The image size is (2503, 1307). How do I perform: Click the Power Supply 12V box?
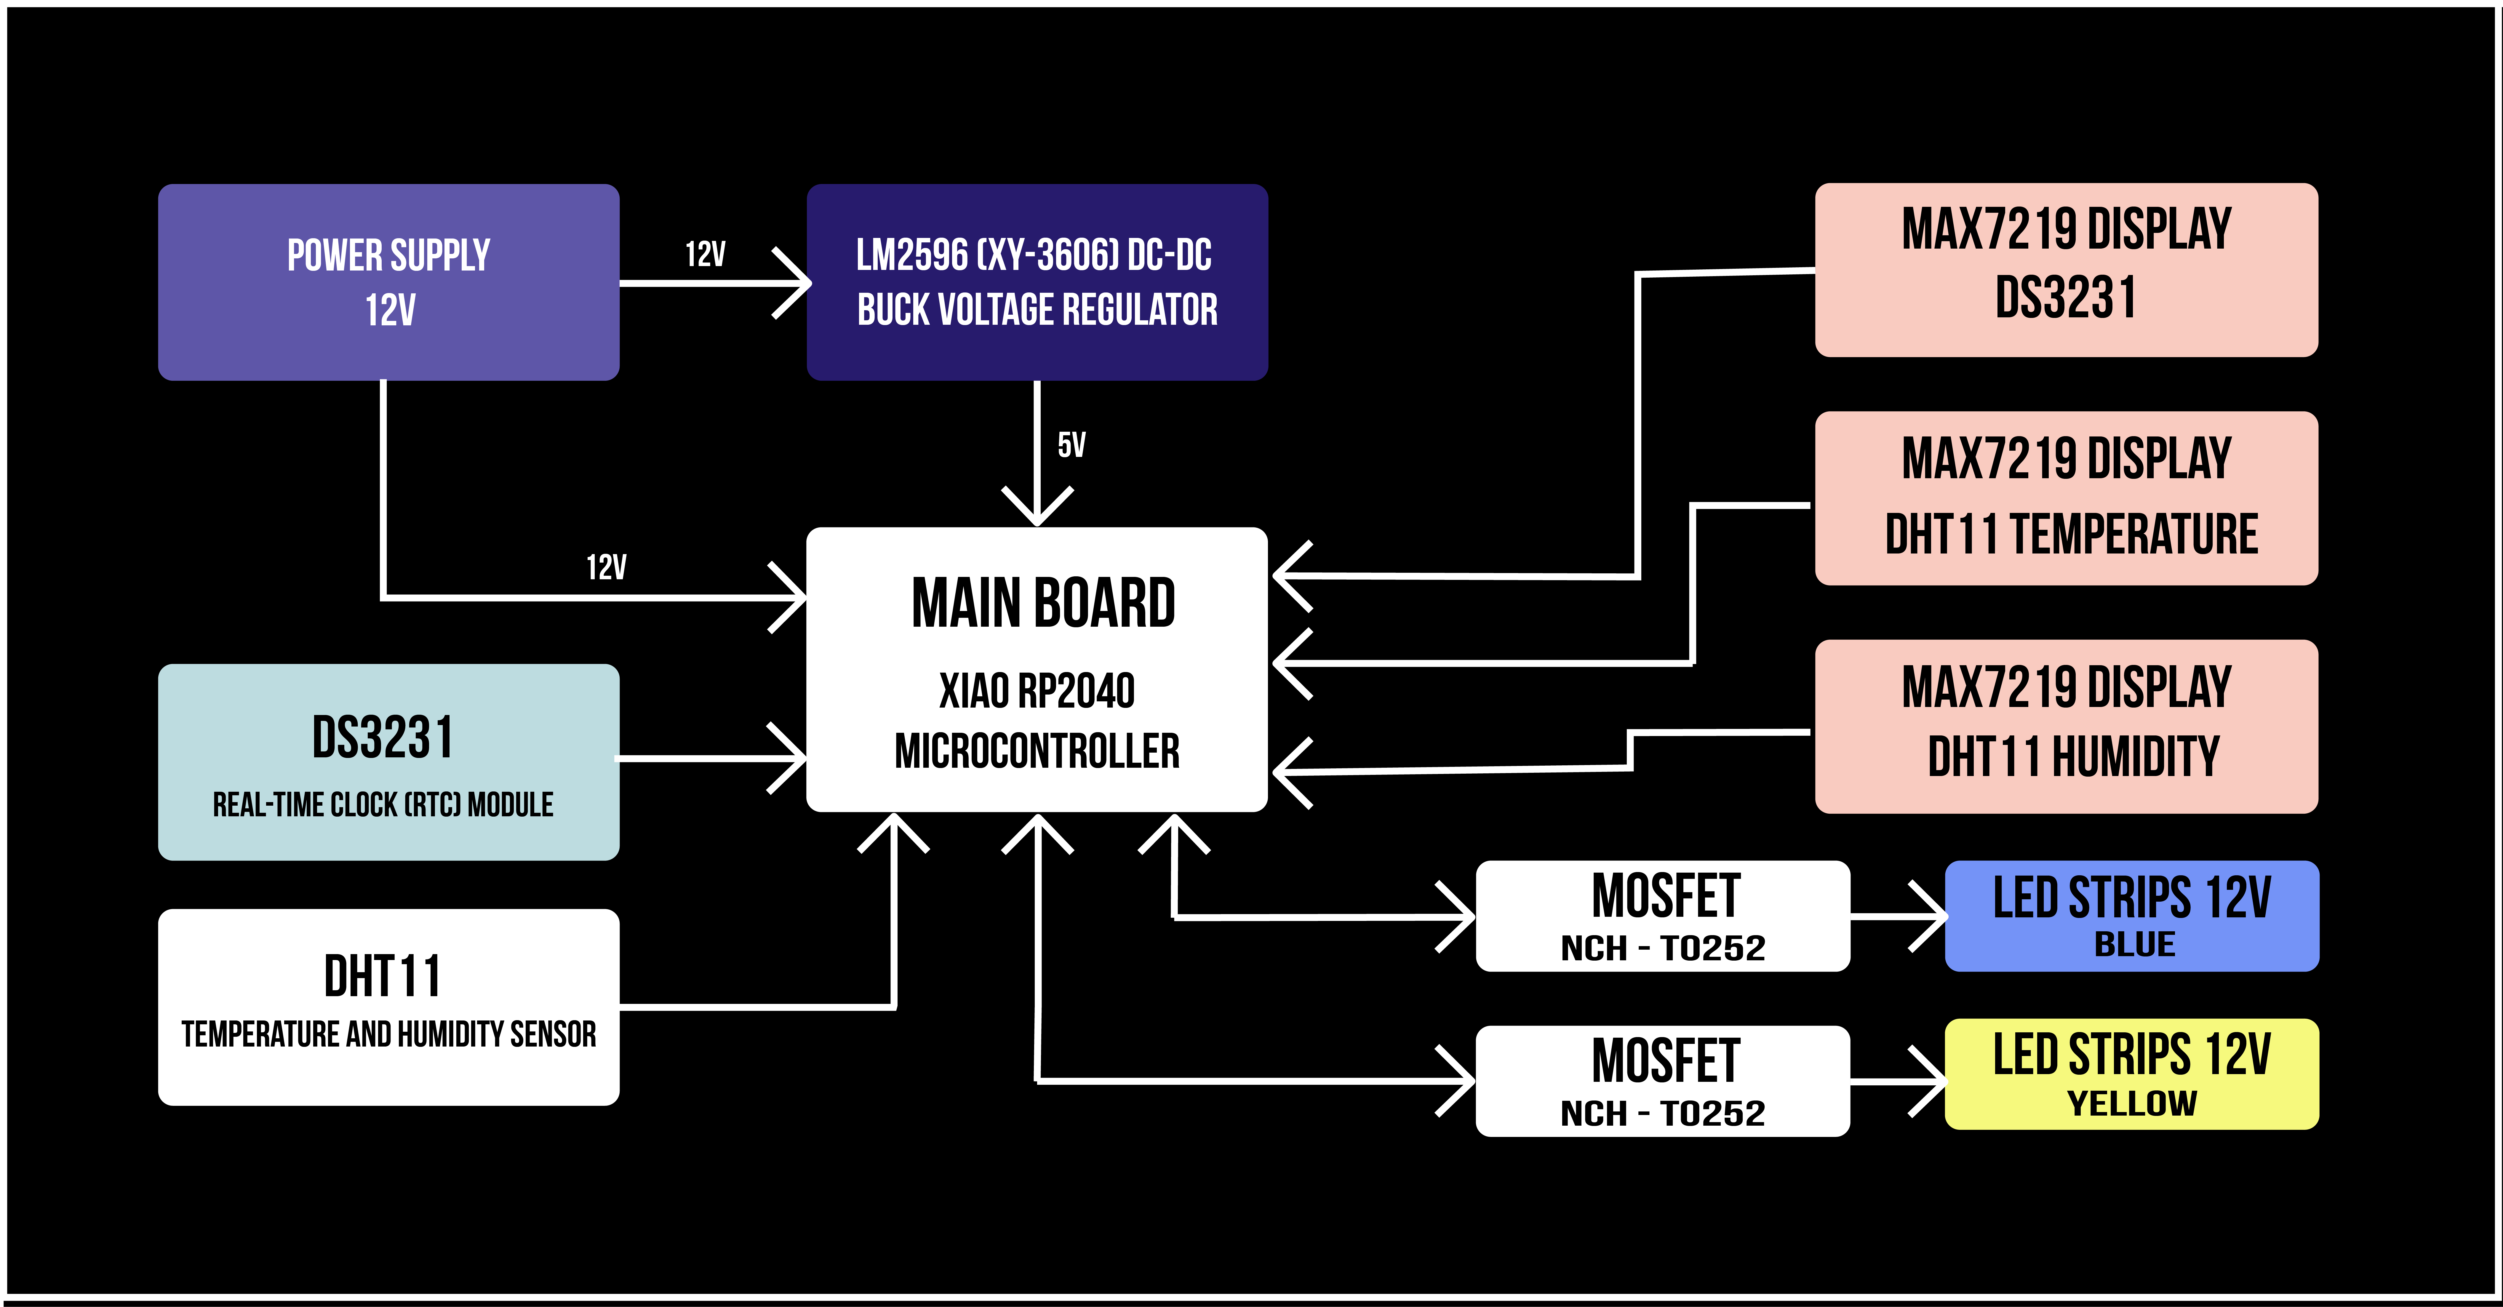(389, 282)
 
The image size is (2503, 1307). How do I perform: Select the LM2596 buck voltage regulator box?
(1037, 282)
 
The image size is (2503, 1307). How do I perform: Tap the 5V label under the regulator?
(1072, 445)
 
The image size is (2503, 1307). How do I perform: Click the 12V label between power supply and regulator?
(706, 255)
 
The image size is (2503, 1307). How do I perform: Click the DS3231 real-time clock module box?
(389, 762)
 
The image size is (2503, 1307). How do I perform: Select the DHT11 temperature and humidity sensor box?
(389, 1007)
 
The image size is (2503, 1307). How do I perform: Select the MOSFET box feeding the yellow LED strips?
(1663, 1081)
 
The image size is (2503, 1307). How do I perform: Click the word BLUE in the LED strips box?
(2135, 945)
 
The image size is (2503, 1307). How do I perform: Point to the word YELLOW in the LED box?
(2133, 1104)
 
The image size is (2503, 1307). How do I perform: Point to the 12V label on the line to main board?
(606, 567)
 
